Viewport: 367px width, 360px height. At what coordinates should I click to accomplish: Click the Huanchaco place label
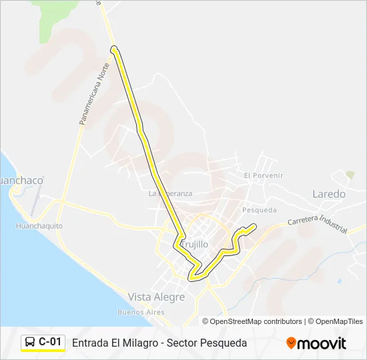click(x=21, y=181)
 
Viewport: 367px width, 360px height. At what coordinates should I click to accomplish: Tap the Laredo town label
click(x=329, y=194)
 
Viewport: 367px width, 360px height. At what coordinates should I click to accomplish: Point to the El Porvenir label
click(x=264, y=175)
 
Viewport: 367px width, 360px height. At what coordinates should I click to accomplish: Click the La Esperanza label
click(x=170, y=193)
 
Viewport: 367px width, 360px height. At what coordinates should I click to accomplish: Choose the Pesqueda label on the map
click(x=259, y=209)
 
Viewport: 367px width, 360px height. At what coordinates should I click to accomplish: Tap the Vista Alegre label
click(x=156, y=297)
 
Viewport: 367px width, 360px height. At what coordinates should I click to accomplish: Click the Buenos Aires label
click(x=141, y=312)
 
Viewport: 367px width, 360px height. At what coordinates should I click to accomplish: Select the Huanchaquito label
click(x=39, y=226)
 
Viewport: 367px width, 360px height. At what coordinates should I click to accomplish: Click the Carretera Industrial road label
click(x=317, y=224)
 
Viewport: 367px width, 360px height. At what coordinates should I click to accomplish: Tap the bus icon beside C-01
click(x=30, y=343)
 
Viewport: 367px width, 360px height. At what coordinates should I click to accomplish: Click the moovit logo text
click(x=322, y=343)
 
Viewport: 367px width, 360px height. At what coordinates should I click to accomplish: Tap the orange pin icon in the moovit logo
click(x=291, y=343)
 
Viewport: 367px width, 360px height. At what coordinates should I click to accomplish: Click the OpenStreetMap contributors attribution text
click(x=256, y=321)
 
